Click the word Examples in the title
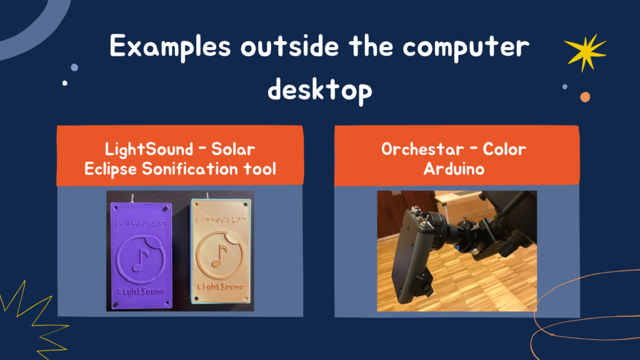[170, 47]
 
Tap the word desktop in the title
[319, 89]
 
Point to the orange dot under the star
[585, 97]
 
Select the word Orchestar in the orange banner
[422, 149]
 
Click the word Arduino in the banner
[454, 169]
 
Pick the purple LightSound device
[141, 255]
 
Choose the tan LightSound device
[221, 251]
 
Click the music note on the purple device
[141, 260]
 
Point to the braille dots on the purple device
[141, 224]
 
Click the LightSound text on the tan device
[221, 286]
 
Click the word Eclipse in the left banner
[111, 169]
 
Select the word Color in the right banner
[504, 149]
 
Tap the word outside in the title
[289, 46]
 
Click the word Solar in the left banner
[233, 149]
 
